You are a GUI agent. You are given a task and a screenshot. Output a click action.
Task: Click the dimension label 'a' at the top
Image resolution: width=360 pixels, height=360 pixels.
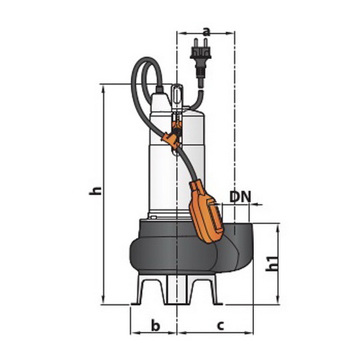pos(207,31)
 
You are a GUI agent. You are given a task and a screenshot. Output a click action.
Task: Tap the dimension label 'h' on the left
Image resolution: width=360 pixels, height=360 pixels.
pos(95,190)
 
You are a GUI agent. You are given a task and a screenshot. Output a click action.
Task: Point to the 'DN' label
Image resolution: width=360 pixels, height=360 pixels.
pos(240,196)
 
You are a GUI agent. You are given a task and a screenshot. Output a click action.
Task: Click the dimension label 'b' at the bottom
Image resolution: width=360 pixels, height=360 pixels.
pos(155,325)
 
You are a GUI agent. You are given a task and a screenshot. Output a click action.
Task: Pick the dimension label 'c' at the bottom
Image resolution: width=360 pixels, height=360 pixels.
pos(220,325)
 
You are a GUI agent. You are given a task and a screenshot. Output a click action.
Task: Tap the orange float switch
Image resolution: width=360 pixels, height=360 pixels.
pos(206,211)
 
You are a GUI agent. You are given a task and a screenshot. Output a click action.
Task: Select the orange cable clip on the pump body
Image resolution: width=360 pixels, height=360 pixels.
pos(171,140)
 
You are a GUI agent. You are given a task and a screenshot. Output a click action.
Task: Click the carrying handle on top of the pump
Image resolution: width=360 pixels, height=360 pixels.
pos(177,96)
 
